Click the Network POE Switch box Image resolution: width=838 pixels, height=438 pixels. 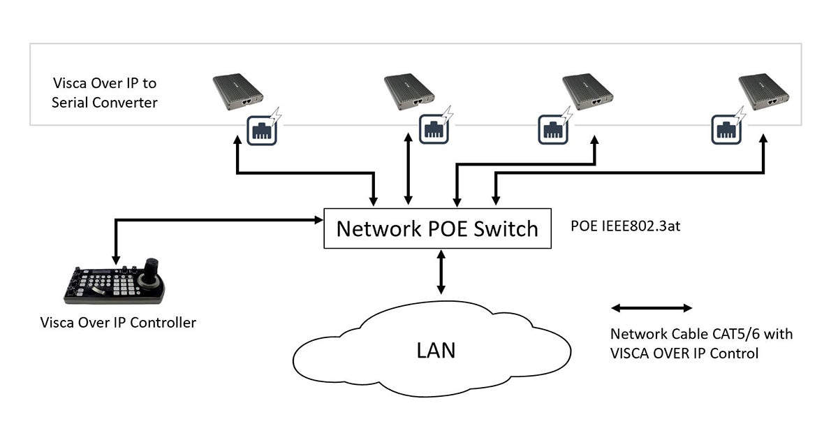(x=438, y=228)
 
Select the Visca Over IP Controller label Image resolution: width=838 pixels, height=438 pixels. (x=118, y=323)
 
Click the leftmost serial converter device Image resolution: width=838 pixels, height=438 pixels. (x=237, y=93)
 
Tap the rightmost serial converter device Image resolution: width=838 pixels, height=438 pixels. (x=764, y=93)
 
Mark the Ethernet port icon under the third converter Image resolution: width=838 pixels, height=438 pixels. (x=552, y=129)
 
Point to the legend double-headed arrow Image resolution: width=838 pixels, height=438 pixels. (x=651, y=308)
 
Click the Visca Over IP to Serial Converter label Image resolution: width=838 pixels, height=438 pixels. (x=105, y=93)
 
